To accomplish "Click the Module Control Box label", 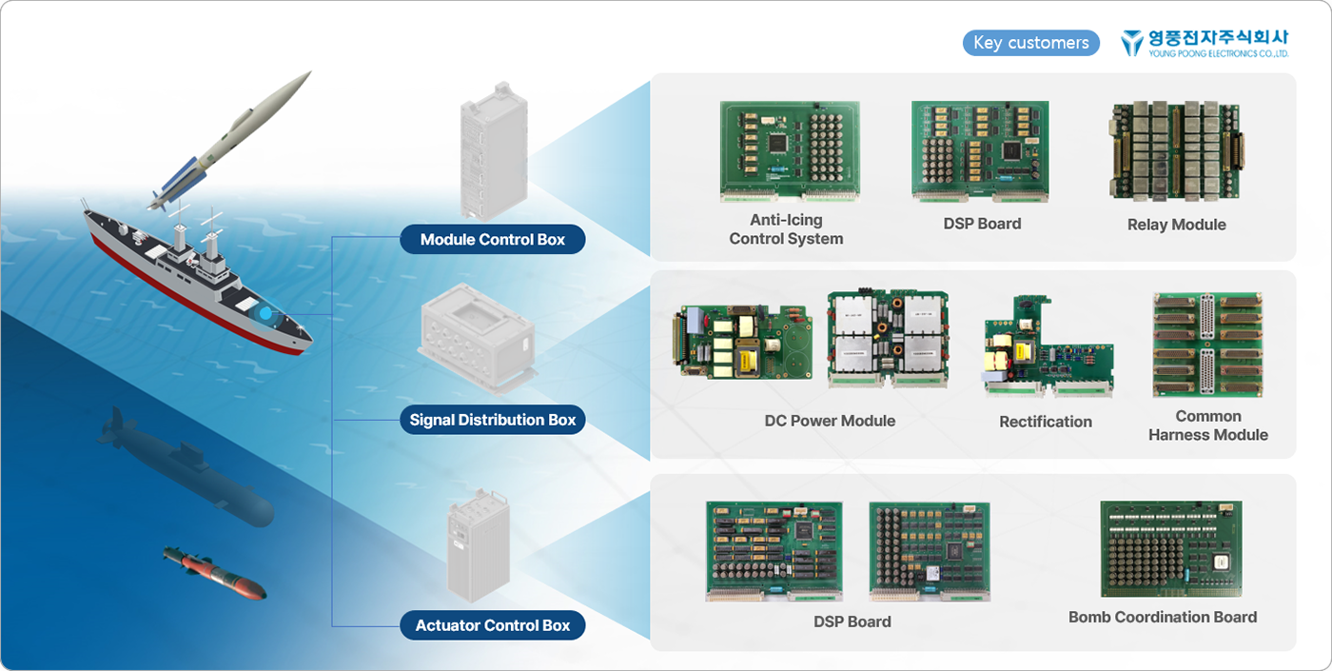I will pyautogui.click(x=493, y=240).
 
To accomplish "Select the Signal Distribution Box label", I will pyautogui.click(x=493, y=420).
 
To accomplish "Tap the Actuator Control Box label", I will pyautogui.click(x=493, y=625).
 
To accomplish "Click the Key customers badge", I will pyautogui.click(x=1031, y=43).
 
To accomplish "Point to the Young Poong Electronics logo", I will pyautogui.click(x=1205, y=43).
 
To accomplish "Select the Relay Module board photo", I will pyautogui.click(x=1177, y=151).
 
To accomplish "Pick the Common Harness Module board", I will pyautogui.click(x=1207, y=345).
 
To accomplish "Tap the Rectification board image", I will pyautogui.click(x=1048, y=347).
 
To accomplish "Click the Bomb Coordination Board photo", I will pyautogui.click(x=1170, y=549).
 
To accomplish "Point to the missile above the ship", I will pyautogui.click(x=234, y=140).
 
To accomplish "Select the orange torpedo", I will pyautogui.click(x=214, y=574).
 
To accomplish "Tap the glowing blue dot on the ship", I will pyautogui.click(x=265, y=312).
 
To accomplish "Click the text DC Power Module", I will pyautogui.click(x=830, y=421).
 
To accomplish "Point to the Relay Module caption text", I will pyautogui.click(x=1177, y=225).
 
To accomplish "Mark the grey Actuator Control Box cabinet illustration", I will pyautogui.click(x=478, y=546).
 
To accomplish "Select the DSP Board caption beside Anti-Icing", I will pyautogui.click(x=982, y=224).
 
